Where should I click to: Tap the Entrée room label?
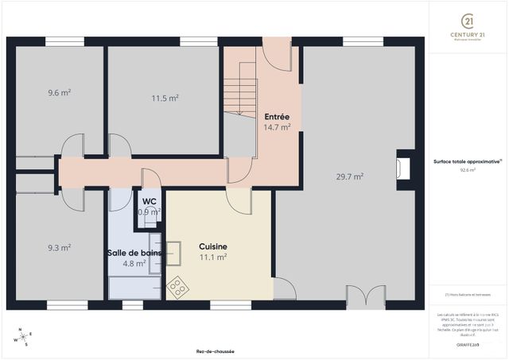pos(277,116)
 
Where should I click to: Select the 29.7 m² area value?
pos(351,176)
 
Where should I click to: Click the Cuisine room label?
pos(213,246)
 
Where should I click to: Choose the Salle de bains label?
pos(134,253)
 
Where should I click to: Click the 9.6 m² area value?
pos(59,92)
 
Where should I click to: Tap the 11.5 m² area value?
pos(165,98)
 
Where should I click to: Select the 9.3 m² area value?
pos(59,247)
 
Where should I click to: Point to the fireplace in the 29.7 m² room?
pos(404,168)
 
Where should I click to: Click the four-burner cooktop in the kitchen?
pos(177,288)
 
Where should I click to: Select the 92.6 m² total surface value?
pos(467,169)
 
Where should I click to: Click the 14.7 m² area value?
pos(277,126)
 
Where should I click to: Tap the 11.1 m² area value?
pos(213,257)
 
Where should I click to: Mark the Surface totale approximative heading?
pos(467,161)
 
